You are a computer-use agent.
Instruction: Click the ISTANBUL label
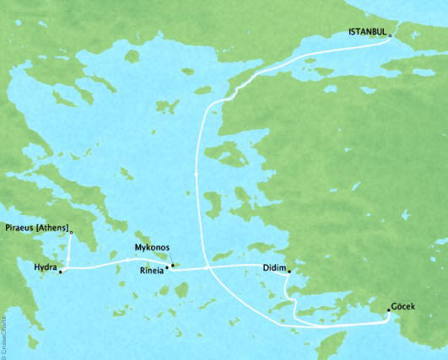coord(367,32)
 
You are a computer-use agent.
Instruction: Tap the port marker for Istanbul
coord(391,35)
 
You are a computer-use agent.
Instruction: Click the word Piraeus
coord(20,228)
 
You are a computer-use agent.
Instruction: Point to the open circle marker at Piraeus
coord(71,232)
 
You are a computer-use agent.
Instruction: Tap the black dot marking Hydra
coord(61,271)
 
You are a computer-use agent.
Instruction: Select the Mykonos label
coord(153,248)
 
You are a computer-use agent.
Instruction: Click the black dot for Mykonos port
coord(172,266)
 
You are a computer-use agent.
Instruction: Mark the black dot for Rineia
coord(166,269)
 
